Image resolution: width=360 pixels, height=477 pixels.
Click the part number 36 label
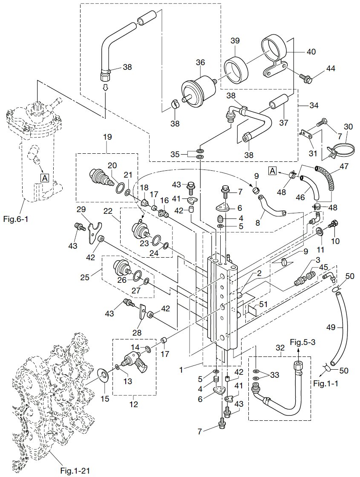pos(201,63)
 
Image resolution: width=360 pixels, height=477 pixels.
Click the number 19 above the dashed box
pos(107,137)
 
